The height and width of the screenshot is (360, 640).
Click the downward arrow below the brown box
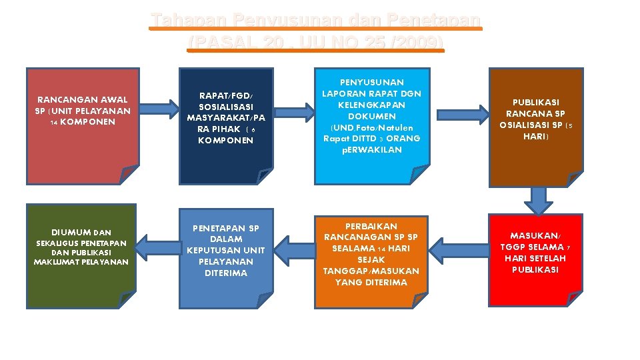[537, 199]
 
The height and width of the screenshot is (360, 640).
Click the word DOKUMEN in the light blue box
[372, 116]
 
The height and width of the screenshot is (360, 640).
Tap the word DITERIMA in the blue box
[225, 273]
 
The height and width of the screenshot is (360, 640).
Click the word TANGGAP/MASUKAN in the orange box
[371, 271]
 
